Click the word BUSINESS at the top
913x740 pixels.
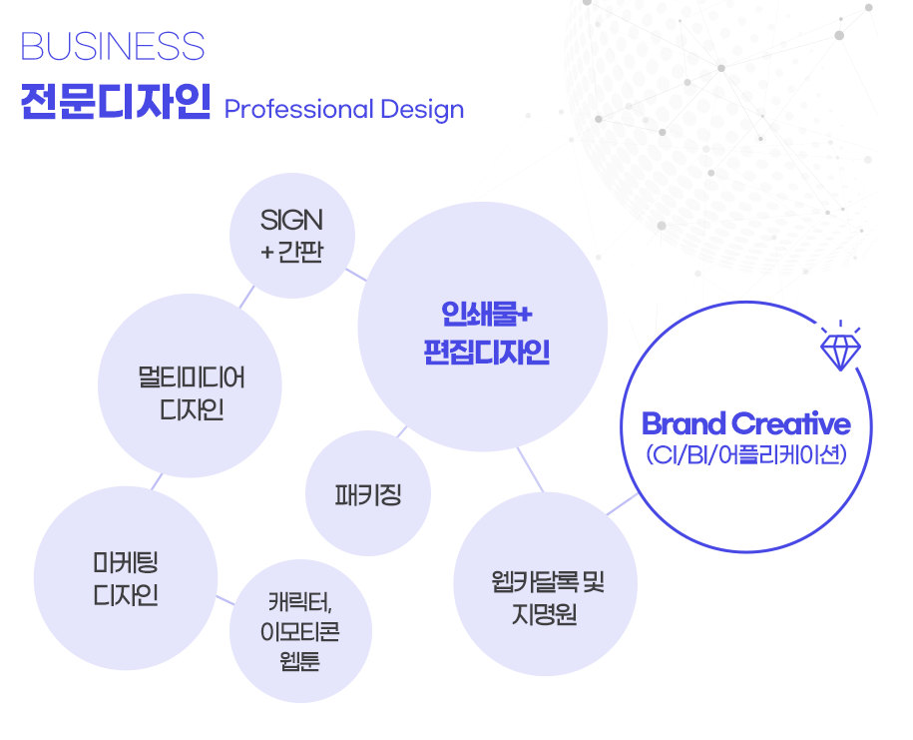pos(113,46)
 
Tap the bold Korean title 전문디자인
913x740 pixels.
pos(116,102)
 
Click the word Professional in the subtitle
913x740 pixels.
pos(298,110)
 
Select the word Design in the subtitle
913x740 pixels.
pos(422,110)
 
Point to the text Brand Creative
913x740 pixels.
pos(746,423)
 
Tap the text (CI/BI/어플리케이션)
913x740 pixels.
pos(746,454)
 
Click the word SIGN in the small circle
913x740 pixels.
pos(291,221)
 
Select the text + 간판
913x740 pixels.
pos(291,252)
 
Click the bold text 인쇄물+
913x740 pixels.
pos(486,314)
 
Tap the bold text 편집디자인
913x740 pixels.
pos(487,352)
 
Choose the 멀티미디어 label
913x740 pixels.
pos(191,377)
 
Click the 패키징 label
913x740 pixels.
pos(368,494)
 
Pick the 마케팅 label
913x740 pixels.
pos(126,563)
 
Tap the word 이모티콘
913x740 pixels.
pos(300,631)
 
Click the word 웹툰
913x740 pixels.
pos(300,661)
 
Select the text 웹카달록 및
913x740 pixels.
pos(548,582)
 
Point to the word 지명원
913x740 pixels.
pos(545,614)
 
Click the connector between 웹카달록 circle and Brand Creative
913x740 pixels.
pos(622,504)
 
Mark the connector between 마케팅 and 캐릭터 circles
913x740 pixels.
pos(226,600)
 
